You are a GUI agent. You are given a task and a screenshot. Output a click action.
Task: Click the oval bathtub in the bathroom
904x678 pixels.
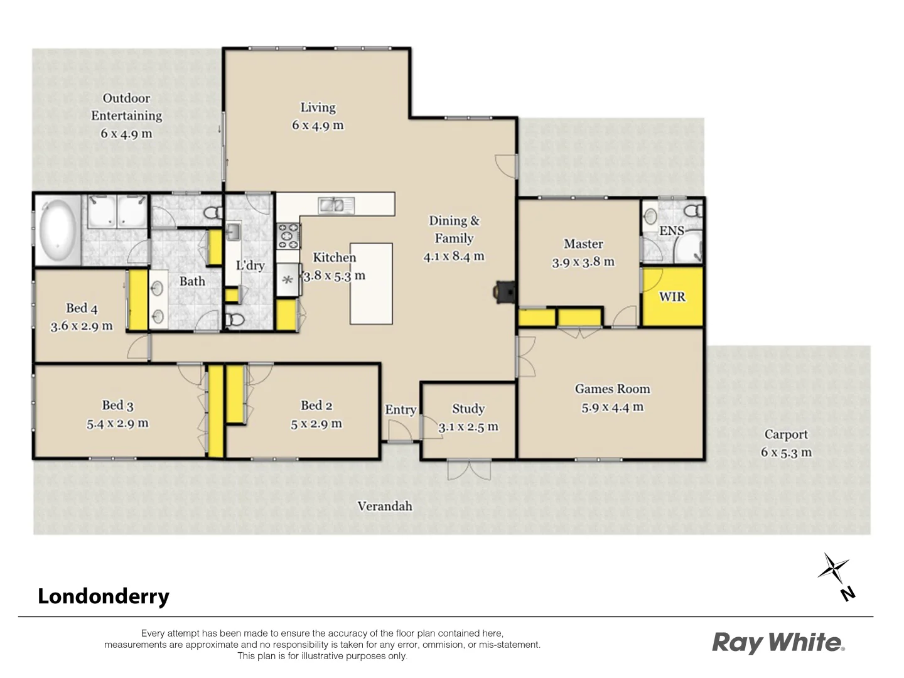coord(58,230)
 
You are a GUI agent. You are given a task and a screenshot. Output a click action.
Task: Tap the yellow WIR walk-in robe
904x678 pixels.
coord(672,296)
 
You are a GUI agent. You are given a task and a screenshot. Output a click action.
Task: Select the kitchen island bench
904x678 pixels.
coord(371,284)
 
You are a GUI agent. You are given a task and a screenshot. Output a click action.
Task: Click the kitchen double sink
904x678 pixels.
coord(336,205)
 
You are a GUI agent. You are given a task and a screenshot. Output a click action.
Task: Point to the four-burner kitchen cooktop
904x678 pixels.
coord(289,236)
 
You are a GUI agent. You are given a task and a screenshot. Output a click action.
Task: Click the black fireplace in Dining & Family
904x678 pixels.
coord(504,293)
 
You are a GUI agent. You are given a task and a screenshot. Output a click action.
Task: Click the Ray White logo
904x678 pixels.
coord(778,642)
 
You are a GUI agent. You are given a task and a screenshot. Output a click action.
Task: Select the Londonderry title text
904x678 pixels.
coord(104,596)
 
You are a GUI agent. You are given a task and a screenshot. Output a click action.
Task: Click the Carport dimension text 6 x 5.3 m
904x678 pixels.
coord(786,452)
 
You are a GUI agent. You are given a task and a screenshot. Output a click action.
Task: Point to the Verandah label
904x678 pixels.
coord(384,506)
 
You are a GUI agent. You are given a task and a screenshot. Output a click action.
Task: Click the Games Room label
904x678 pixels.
coord(612,389)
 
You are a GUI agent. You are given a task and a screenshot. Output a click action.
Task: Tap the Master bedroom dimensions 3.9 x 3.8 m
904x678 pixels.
coord(583,262)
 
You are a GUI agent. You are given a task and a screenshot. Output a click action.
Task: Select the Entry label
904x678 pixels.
coord(401,410)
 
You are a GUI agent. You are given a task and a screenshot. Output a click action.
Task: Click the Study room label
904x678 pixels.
coord(468,409)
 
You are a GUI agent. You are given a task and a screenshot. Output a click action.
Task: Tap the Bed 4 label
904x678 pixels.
coord(82,308)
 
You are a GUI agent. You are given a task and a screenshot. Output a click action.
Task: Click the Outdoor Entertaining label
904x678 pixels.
coord(126,107)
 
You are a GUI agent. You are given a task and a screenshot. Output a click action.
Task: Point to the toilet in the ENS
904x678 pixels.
coord(694,210)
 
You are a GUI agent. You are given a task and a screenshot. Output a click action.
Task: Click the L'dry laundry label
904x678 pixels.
coord(250,266)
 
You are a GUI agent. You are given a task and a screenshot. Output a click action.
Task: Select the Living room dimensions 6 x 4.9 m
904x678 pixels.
coord(318,126)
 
